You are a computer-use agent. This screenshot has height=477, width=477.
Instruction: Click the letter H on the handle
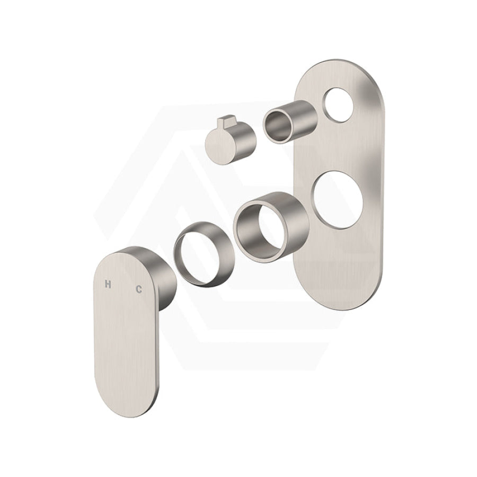pos(108,284)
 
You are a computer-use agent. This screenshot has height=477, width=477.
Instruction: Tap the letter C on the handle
pos(139,289)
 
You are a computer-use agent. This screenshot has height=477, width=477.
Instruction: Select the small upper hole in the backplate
pos(339,105)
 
